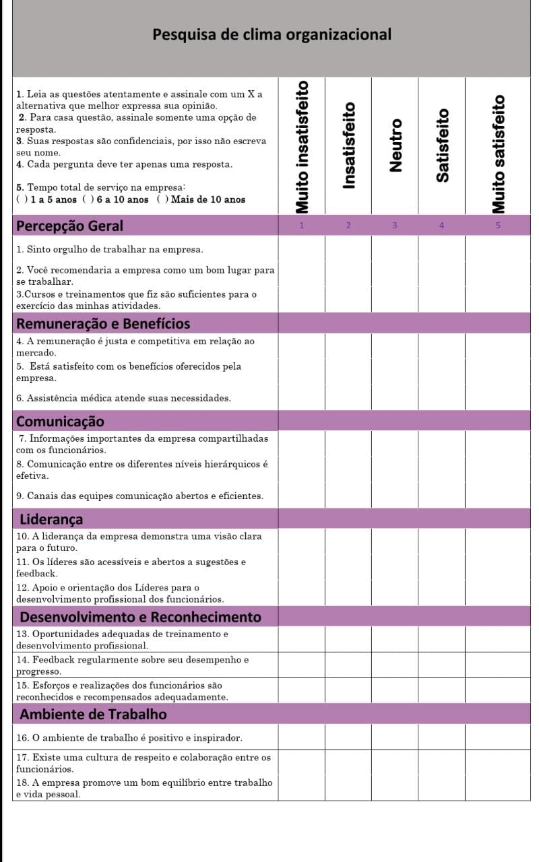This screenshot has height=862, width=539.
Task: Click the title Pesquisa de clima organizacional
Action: click(272, 34)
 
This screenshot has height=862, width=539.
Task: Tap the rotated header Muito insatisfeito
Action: click(303, 145)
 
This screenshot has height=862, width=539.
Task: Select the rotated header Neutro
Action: click(396, 145)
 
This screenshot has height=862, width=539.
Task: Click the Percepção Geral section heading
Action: click(69, 226)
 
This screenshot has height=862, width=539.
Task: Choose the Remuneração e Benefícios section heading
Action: click(103, 324)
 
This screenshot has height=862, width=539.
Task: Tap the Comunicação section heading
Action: click(60, 422)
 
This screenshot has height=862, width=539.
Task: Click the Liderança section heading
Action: click(51, 519)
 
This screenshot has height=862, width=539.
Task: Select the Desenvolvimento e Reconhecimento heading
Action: click(140, 617)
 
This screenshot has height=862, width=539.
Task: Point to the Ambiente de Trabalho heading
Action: click(94, 714)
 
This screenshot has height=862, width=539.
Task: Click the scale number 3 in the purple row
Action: click(395, 226)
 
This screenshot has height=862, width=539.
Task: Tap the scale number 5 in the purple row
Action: click(498, 226)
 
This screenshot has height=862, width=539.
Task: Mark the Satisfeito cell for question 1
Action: click(442, 249)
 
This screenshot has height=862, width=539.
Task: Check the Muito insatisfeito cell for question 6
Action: click(302, 398)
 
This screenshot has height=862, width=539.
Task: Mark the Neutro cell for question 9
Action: click(395, 496)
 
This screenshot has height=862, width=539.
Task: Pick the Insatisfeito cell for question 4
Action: click(348, 346)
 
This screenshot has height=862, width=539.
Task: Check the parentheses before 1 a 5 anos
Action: click(21, 199)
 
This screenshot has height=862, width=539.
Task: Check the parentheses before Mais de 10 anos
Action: click(162, 199)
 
